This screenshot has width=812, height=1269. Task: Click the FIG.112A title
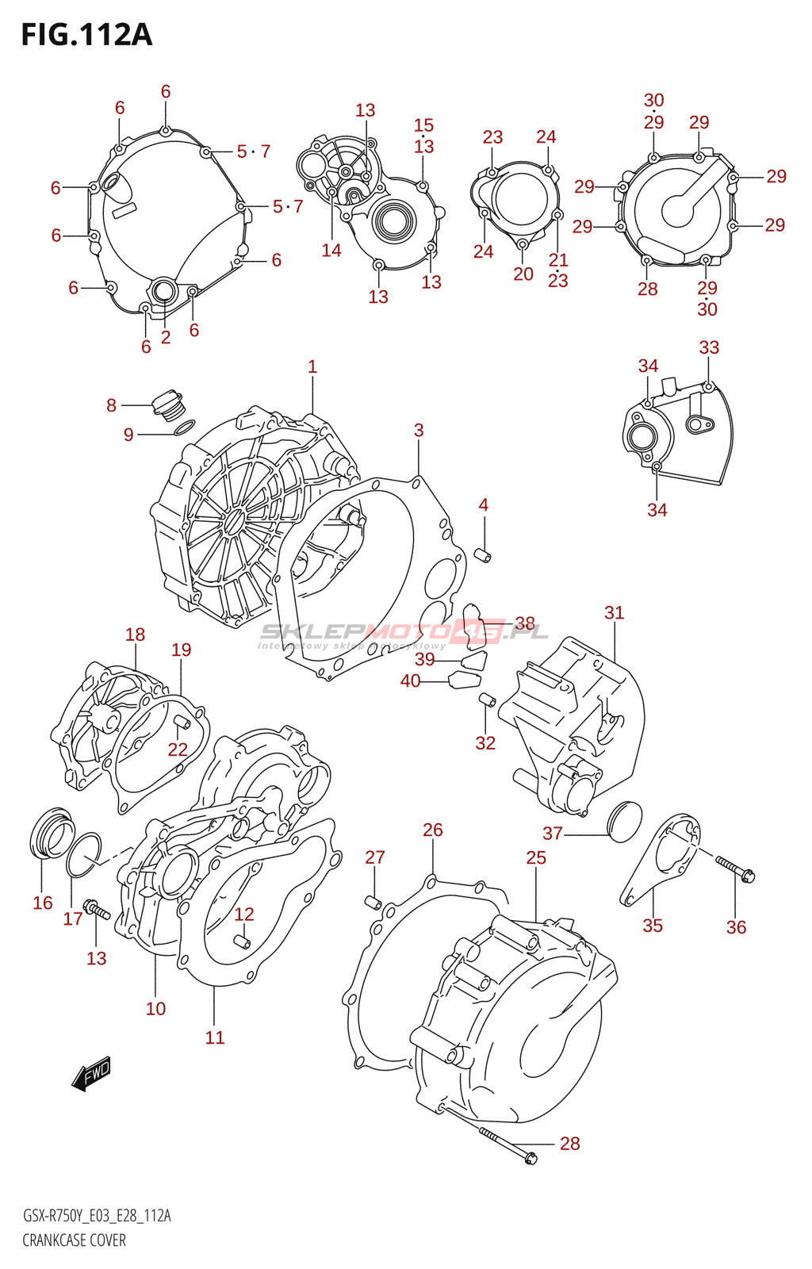[x=86, y=35]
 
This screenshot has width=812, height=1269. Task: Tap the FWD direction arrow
[x=91, y=1074]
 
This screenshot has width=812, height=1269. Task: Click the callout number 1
[x=312, y=366]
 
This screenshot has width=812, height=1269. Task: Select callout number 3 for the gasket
[x=419, y=430]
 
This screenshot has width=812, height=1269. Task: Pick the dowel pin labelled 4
[x=482, y=554]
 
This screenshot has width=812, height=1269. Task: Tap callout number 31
[x=614, y=612]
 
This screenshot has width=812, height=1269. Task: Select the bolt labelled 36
[x=736, y=868]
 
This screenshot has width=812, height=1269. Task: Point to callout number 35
[x=653, y=926]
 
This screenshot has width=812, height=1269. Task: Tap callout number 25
[x=536, y=857]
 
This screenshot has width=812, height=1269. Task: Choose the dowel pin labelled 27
[x=373, y=903]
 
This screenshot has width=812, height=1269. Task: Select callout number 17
[x=73, y=918]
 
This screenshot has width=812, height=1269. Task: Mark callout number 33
[x=709, y=347]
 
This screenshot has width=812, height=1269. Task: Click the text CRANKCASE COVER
[x=74, y=1240]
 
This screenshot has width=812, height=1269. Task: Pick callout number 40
[x=410, y=681]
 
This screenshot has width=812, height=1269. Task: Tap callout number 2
[x=166, y=337]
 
